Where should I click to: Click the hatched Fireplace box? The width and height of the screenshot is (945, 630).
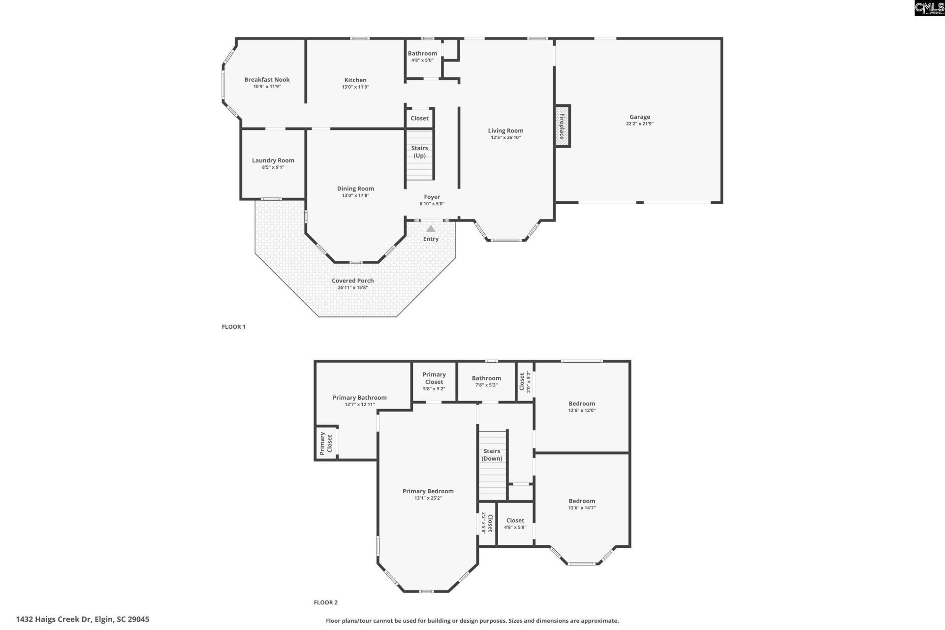[562, 126]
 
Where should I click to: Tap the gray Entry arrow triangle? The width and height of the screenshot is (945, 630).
[431, 229]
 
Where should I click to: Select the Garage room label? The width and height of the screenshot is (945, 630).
[639, 117]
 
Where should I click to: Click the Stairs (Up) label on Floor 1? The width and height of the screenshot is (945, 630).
[419, 152]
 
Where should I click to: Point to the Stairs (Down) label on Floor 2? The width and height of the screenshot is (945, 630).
[492, 455]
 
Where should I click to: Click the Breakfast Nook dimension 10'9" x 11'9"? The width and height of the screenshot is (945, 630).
[267, 87]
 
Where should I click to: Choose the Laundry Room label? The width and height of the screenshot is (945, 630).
[273, 160]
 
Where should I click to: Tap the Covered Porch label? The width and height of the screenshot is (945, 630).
[352, 281]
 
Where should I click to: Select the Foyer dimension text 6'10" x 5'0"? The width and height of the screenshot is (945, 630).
[432, 204]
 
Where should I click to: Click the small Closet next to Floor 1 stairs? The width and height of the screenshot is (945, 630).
[419, 118]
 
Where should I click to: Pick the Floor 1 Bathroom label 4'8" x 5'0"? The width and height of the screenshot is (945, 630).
[422, 54]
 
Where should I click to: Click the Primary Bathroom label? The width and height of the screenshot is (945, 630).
[359, 398]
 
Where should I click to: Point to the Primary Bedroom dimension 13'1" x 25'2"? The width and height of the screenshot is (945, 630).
[428, 498]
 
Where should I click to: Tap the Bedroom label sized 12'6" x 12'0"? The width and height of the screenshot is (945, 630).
[582, 404]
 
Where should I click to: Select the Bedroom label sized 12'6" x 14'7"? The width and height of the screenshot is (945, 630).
[582, 501]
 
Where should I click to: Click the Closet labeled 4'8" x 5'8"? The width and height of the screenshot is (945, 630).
[515, 521]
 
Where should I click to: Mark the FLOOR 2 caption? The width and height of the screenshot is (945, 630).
[325, 602]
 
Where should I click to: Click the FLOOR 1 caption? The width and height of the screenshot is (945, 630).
[233, 327]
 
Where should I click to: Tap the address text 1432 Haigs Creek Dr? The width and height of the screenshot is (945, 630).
[82, 619]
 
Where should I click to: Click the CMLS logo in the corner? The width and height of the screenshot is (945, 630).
[929, 8]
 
